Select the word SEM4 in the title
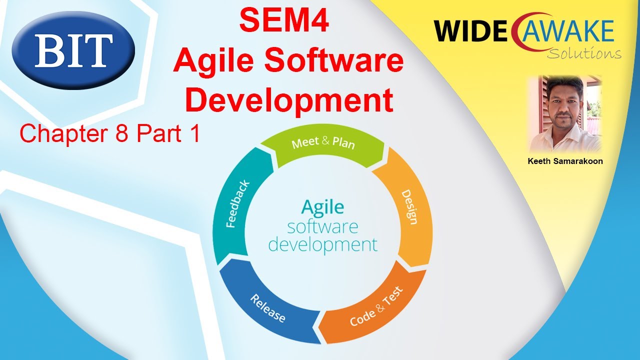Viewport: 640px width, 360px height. coord(283,21)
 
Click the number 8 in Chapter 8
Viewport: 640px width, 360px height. coord(121,133)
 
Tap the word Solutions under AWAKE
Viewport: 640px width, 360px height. coord(584,53)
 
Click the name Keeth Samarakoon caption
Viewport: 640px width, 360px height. coord(565,161)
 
